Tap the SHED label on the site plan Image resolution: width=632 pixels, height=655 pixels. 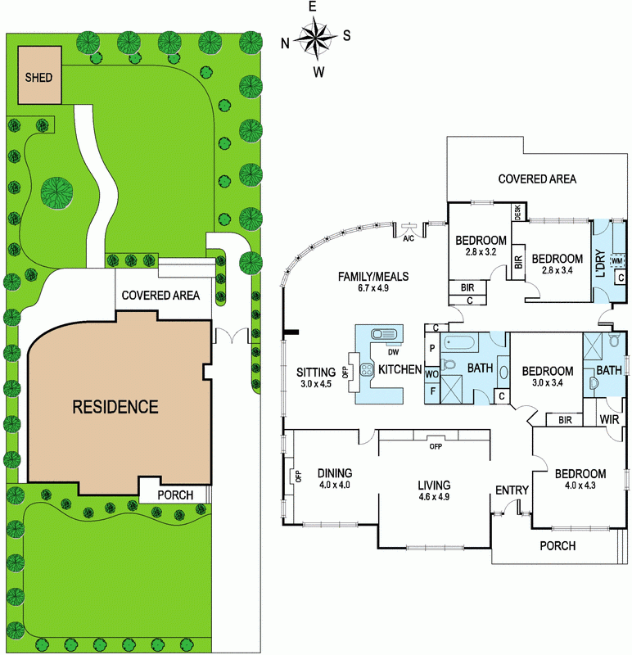tap(38, 77)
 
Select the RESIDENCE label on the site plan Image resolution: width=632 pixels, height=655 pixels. tap(115, 407)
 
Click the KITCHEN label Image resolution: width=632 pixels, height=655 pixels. tap(400, 369)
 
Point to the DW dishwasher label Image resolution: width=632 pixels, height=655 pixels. tap(394, 352)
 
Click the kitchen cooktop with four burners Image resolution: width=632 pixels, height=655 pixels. tap(367, 369)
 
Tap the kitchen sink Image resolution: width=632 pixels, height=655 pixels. tap(383, 334)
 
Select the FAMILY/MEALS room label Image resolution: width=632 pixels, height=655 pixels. tap(373, 276)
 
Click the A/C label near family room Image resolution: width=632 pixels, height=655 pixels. tap(409, 238)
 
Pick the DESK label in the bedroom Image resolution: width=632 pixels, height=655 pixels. tap(518, 212)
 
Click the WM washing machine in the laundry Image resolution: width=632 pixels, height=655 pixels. tap(617, 261)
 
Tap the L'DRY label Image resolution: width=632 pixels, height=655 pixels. tap(601, 264)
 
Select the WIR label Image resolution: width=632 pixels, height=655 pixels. tap(609, 419)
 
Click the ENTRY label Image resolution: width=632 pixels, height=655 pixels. tap(512, 490)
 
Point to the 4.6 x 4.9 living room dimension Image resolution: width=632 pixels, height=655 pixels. tap(434, 497)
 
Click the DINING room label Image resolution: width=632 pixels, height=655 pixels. tap(335, 473)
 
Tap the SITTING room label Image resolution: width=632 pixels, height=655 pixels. tap(316, 372)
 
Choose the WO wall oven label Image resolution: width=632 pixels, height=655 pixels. tap(432, 374)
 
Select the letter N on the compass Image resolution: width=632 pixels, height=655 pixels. tap(285, 43)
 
